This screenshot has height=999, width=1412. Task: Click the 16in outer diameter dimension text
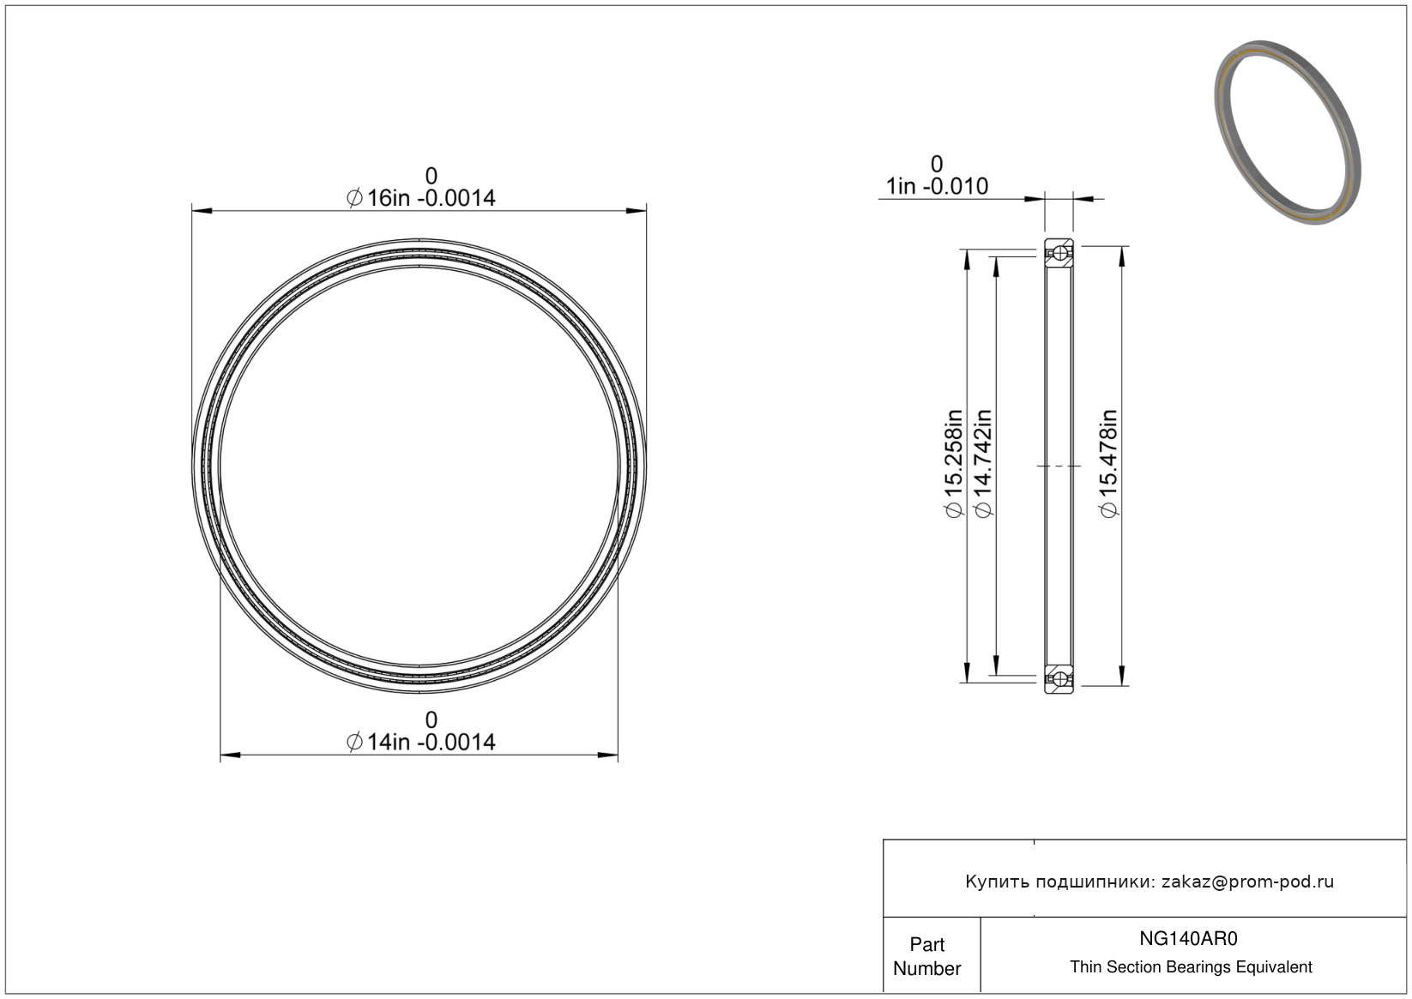[420, 198]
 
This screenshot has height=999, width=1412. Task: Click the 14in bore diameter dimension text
[420, 742]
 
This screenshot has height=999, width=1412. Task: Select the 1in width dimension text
[937, 186]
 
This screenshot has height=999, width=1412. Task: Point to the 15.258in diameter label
[954, 463]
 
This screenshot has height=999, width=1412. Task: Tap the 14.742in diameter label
[983, 463]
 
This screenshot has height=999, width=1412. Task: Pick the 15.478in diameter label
[1108, 463]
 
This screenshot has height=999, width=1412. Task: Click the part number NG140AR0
[1188, 938]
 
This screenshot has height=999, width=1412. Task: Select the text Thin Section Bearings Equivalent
[1191, 966]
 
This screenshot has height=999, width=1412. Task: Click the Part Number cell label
[926, 956]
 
